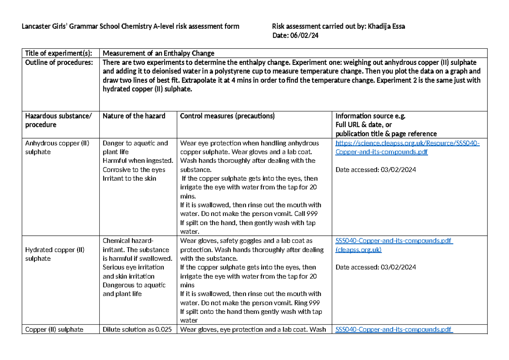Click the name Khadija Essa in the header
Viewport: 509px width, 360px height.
[386, 26]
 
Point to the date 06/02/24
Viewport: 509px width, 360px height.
[305, 36]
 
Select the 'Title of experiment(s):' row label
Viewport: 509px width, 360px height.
[59, 53]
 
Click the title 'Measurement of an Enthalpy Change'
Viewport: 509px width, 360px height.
[159, 53]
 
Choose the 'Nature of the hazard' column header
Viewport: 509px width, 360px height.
[134, 116]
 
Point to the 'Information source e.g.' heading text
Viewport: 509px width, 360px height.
[370, 116]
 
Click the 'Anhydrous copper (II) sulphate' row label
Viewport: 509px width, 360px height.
[57, 148]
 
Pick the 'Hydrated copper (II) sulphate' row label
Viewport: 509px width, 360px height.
[55, 254]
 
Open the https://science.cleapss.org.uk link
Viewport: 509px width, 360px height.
[407, 143]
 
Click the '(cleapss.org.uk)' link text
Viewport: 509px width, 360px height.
[358, 250]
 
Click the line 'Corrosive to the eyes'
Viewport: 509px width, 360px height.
[134, 170]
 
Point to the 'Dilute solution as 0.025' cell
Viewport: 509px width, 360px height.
[137, 329]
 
